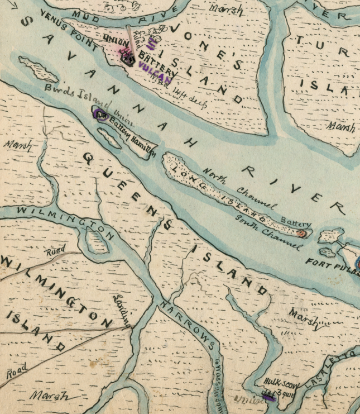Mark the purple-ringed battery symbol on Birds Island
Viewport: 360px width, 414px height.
[102, 115]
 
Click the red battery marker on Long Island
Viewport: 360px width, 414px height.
[302, 234]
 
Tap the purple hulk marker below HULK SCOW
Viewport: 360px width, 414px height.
[270, 398]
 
